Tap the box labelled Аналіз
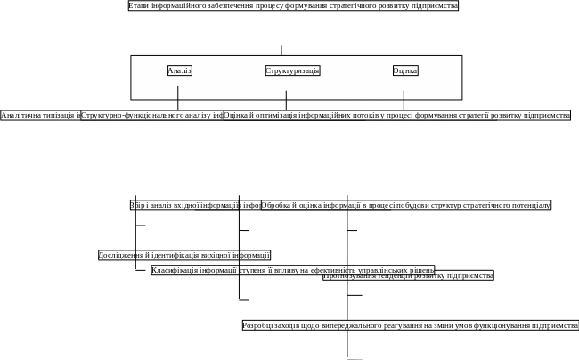(x=180, y=70)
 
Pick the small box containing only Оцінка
(x=405, y=70)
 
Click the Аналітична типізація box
(x=41, y=115)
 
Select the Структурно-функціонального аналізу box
(x=151, y=115)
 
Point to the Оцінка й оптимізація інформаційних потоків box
(x=396, y=115)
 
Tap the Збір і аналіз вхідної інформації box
(x=195, y=205)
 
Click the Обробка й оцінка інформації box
(x=406, y=205)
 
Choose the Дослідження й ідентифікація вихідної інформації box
(x=184, y=255)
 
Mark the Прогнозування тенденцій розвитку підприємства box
(x=408, y=275)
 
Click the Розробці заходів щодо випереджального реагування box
(x=410, y=325)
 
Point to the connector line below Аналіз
(x=177, y=96)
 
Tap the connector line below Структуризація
(x=286, y=99)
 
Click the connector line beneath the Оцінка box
(x=404, y=99)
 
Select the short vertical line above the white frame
(x=282, y=50)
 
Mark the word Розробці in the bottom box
(x=258, y=325)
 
